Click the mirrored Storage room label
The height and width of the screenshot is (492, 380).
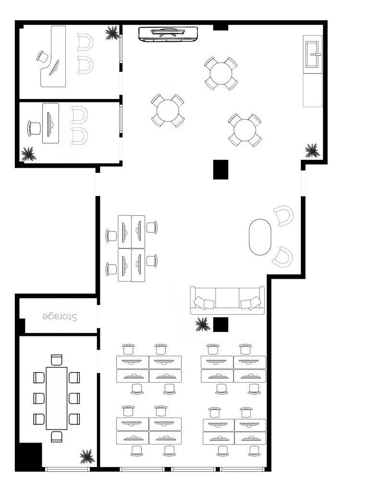[x=60, y=317]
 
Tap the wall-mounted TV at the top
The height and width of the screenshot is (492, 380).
[x=168, y=34]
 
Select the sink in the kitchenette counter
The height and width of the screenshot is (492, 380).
[x=313, y=54]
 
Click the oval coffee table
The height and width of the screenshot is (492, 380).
[x=260, y=237]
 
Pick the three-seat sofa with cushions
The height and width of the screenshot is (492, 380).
[x=228, y=300]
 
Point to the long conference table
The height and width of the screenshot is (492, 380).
[x=57, y=398]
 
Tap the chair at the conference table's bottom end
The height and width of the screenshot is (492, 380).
[x=57, y=436]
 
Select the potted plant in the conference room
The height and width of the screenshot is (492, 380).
[x=87, y=456]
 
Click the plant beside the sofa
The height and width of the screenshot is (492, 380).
[x=202, y=324]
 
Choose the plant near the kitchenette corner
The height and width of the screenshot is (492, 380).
[x=312, y=150]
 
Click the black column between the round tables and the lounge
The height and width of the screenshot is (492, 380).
[x=221, y=170]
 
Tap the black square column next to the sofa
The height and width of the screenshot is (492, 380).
[x=221, y=324]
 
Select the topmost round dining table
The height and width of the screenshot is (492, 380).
[x=221, y=74]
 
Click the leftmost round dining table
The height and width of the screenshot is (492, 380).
[x=168, y=111]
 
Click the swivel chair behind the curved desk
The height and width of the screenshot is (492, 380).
[x=43, y=57]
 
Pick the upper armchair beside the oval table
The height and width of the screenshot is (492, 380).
[x=283, y=216]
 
